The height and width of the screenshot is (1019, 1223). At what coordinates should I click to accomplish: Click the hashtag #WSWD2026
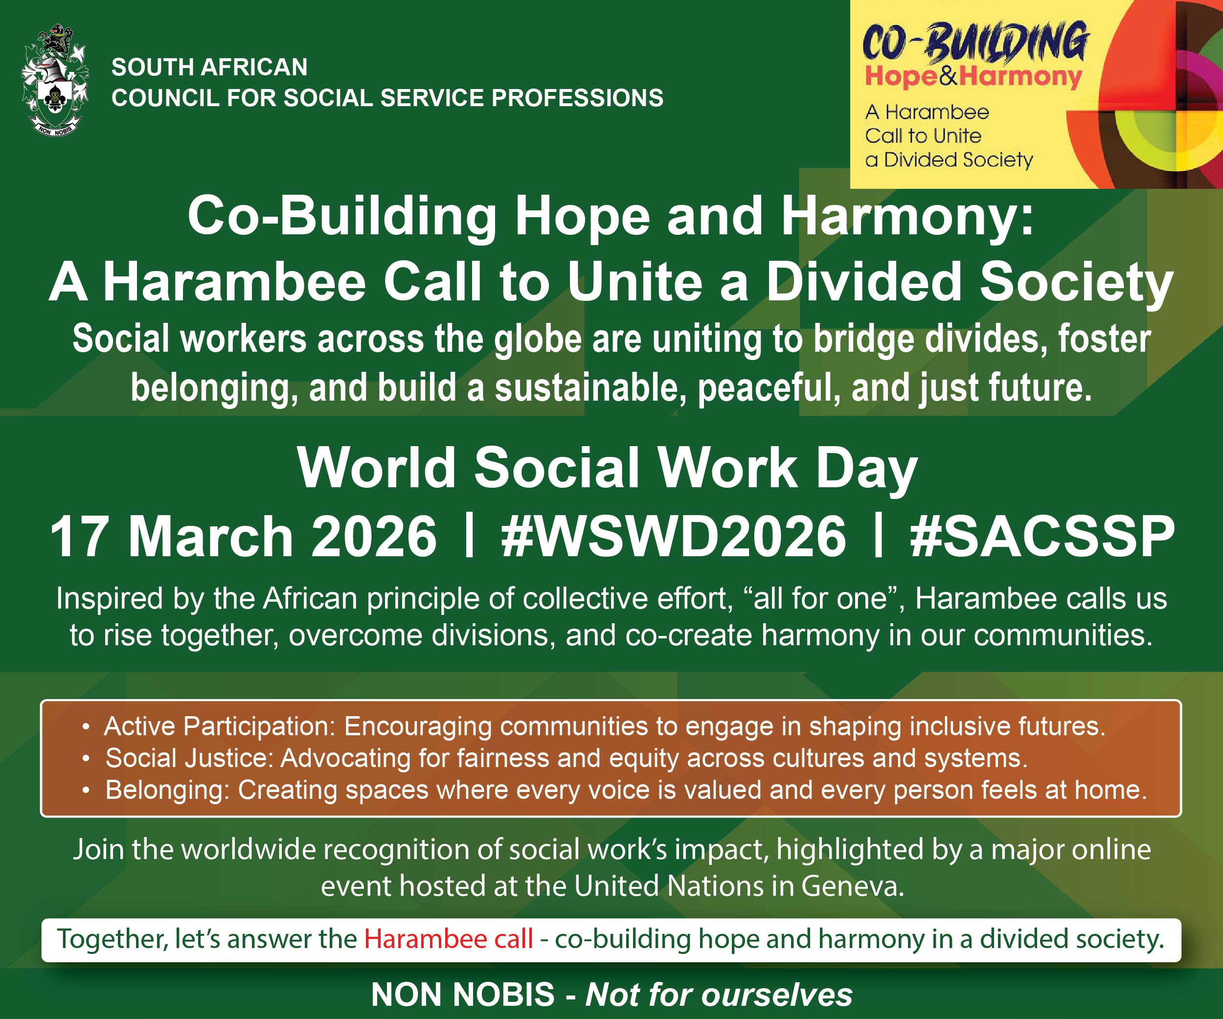(673, 536)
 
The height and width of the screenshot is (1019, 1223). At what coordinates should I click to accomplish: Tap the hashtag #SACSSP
(1042, 536)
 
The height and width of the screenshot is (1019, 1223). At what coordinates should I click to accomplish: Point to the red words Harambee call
(449, 939)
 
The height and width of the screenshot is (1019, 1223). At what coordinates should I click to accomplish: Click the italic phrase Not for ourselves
(719, 995)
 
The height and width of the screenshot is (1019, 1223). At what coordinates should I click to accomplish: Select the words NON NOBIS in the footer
(463, 995)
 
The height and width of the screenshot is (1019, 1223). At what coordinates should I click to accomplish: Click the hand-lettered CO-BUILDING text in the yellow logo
(975, 43)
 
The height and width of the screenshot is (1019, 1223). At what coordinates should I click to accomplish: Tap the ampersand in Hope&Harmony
(948, 76)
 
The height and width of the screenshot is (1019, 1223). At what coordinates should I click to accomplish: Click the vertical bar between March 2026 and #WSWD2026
(469, 536)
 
